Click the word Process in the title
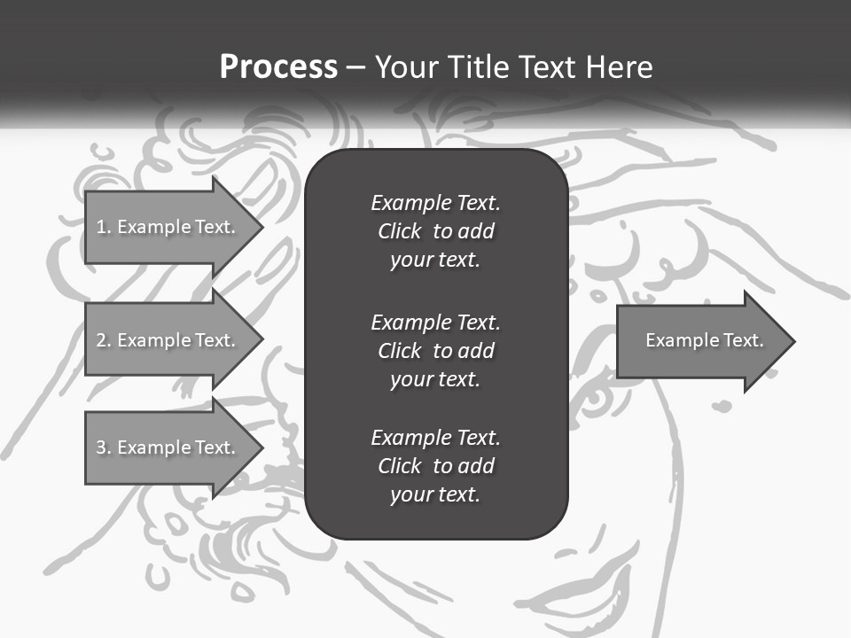click(278, 67)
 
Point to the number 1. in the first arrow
click(104, 227)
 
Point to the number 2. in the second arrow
click(104, 340)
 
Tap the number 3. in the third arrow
click(104, 447)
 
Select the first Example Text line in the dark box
click(435, 203)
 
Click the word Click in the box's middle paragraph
click(400, 351)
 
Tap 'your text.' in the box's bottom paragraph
click(435, 494)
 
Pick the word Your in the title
click(406, 67)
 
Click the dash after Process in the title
click(355, 67)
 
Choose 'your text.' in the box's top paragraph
click(435, 261)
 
